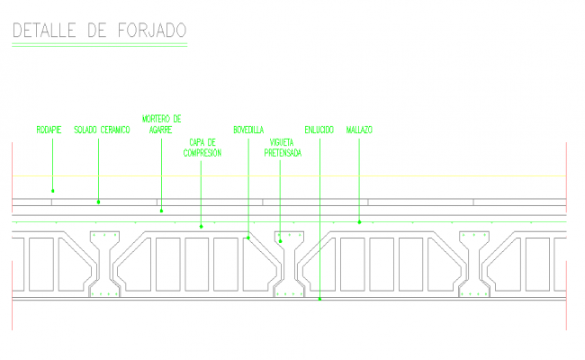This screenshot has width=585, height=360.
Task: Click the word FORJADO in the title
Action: coord(151,31)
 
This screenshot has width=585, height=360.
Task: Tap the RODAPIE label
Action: coord(49,130)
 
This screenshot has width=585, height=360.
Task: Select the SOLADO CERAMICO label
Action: coord(103,130)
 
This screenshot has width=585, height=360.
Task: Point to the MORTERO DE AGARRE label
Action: coord(162,123)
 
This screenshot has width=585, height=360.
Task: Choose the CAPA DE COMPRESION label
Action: coord(202,148)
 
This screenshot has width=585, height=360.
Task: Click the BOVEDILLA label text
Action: coord(248,130)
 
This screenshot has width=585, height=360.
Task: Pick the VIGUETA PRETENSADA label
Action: coord(282,148)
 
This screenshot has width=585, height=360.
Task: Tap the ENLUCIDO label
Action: coord(319,130)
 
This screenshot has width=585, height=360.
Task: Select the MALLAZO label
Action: coord(359,130)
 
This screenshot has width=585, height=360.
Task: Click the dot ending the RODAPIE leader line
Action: coord(52,190)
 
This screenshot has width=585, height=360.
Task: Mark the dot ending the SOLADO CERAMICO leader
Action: coord(98,202)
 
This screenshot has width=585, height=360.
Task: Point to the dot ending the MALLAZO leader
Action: coord(359,220)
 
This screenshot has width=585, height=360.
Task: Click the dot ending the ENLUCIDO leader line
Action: coord(320,299)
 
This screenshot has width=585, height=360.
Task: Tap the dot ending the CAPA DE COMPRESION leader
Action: coord(202,225)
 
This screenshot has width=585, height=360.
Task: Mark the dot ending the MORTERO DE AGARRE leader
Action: coord(161,211)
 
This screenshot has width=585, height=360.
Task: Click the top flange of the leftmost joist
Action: coord(104,238)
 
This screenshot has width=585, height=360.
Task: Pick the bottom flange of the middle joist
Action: coord(289,292)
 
